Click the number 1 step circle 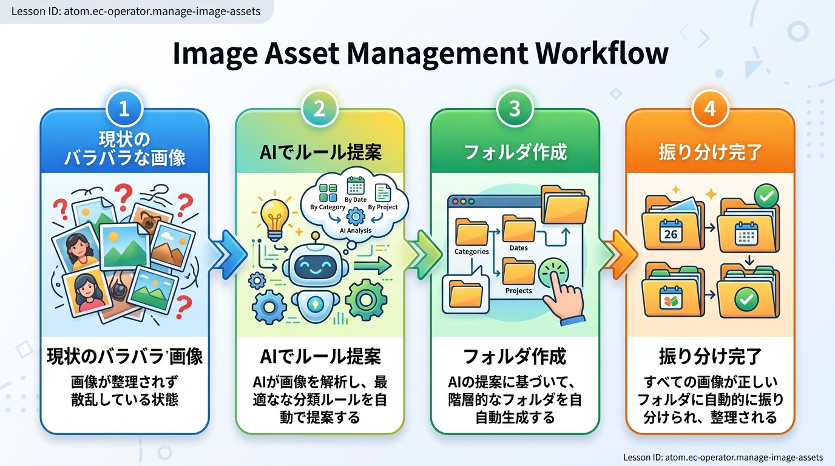point(124,109)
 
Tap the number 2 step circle point(319,109)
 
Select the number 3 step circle point(515,109)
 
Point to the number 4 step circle point(710,109)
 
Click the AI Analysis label point(355,231)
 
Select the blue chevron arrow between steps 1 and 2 point(227,254)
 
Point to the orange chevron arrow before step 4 point(618,254)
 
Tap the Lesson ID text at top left point(136,11)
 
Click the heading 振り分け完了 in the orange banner point(710,152)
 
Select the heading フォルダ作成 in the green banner point(515,152)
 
